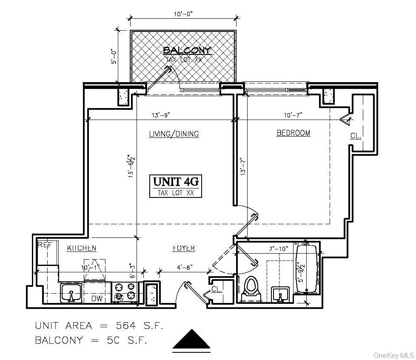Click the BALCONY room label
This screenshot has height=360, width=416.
pos(187,51)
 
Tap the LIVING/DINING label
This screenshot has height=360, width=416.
pos(174,134)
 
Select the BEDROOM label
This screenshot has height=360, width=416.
pos(293,133)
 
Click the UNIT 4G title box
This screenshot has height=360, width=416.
pos(176,186)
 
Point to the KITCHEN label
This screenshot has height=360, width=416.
pos(82,248)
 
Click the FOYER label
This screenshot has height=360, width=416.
pos(184,248)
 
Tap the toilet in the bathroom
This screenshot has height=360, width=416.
pos(251,287)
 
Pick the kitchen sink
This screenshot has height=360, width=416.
pos(71,293)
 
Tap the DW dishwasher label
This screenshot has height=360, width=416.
pos(97,299)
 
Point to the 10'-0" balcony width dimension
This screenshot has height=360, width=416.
pos(183,14)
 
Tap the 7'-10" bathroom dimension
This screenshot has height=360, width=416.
pos(279,248)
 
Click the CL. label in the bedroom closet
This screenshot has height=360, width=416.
pos(356,136)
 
